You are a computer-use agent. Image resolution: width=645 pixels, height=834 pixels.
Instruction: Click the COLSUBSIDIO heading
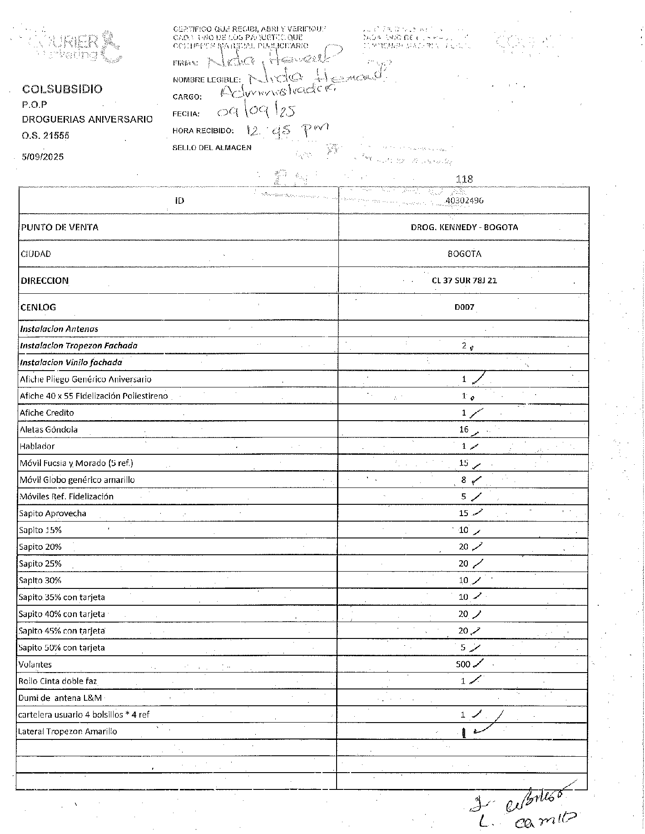[x=63, y=89]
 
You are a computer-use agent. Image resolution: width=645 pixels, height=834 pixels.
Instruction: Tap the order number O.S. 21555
[x=45, y=136]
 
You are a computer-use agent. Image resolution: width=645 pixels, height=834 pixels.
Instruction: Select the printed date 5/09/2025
[x=43, y=157]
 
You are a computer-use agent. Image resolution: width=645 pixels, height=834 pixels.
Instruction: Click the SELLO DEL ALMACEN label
[x=212, y=148]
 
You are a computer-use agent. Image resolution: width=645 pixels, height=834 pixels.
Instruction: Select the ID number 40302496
[x=464, y=201]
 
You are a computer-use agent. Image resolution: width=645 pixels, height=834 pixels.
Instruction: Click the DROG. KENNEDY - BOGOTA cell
[x=464, y=227]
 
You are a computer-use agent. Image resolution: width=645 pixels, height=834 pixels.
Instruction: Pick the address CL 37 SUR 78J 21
[x=464, y=281]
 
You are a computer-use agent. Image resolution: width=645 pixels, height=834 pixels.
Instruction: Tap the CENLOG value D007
[x=464, y=307]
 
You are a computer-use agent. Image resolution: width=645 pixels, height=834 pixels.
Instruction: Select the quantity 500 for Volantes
[x=463, y=664]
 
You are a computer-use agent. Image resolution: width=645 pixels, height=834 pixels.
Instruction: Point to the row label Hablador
[x=37, y=447]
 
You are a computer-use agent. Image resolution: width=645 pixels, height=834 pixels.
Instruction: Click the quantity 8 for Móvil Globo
[x=464, y=480]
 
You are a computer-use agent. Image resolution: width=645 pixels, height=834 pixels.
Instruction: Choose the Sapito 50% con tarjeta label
[x=62, y=648]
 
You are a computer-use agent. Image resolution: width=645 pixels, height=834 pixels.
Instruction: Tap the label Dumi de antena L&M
[x=60, y=698]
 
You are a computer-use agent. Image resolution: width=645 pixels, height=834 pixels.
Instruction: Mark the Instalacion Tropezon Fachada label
[x=79, y=346]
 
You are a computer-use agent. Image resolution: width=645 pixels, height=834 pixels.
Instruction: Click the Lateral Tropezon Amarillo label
[x=67, y=732]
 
